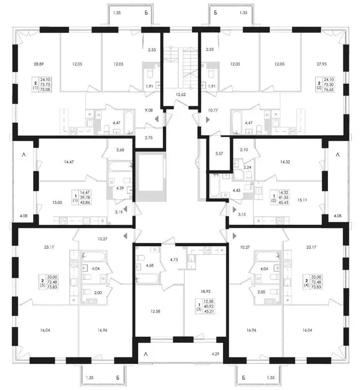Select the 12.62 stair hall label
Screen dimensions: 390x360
180,94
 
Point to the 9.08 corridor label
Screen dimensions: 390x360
148,108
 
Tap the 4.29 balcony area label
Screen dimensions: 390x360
217,353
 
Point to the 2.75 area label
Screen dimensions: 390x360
148,138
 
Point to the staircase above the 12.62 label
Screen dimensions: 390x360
181,61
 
